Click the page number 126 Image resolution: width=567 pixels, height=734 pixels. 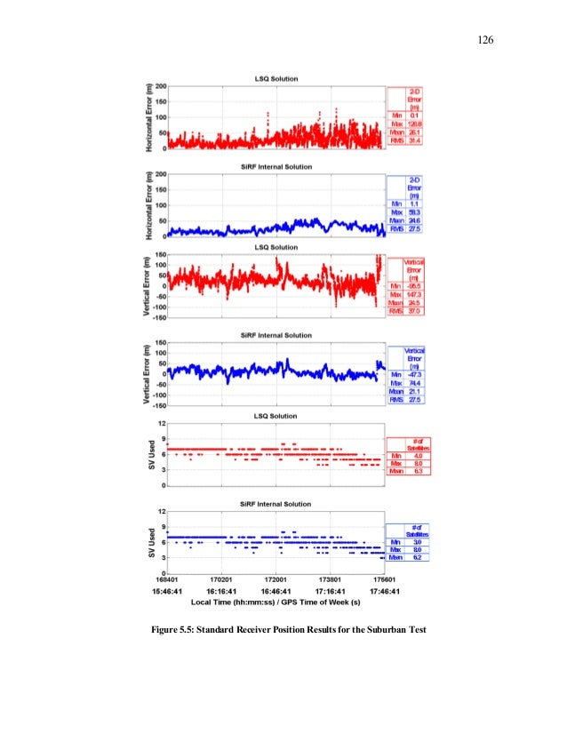484,40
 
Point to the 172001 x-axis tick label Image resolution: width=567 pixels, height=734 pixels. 277,578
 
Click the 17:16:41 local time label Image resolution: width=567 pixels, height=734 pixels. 332,590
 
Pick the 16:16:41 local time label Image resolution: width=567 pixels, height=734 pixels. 221,590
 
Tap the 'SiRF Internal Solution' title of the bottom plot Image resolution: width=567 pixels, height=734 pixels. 276,504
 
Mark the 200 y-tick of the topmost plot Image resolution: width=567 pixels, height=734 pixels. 160,86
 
